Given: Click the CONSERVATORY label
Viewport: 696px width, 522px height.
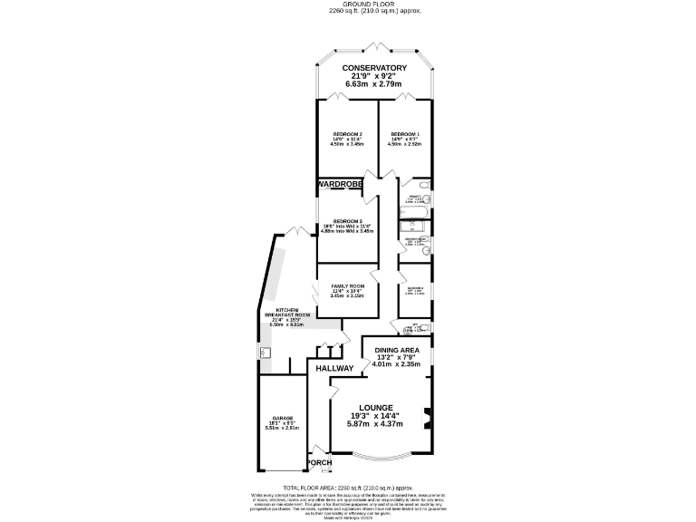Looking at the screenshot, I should (x=373, y=68).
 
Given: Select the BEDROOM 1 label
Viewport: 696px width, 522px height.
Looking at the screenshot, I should (x=404, y=133).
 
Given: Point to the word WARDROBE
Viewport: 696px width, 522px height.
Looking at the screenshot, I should (x=340, y=184).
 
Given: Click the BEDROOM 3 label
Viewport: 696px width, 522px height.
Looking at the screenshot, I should (x=347, y=222).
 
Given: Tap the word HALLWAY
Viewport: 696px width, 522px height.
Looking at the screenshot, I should (x=334, y=369).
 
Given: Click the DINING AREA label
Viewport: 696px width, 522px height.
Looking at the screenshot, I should (x=397, y=349).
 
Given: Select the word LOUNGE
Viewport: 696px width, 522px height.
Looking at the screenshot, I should (x=375, y=408).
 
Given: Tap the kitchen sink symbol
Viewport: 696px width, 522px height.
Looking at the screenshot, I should (x=266, y=353).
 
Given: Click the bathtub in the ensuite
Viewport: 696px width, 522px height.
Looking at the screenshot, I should (x=412, y=215).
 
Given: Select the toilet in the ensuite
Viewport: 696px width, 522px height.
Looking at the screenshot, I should (x=425, y=197).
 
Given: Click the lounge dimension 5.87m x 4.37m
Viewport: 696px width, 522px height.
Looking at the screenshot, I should (x=375, y=424).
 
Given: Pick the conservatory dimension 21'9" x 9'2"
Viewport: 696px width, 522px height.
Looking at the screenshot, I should (x=373, y=77).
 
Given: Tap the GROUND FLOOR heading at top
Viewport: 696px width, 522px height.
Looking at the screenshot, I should (x=374, y=5).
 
